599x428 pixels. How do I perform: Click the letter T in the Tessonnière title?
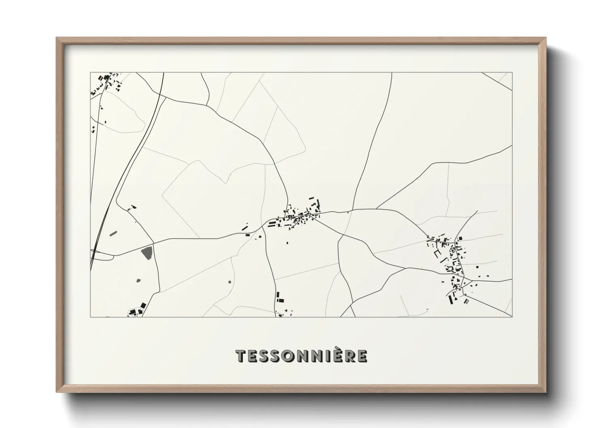coord(241,356)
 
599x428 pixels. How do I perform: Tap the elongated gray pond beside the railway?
coord(113,233)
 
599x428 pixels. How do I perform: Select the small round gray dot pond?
coord(230,282)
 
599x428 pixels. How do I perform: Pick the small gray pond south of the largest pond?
coord(138,280)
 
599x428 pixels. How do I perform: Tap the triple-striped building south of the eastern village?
coord(467,301)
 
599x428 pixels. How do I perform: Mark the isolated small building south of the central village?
coord(287,243)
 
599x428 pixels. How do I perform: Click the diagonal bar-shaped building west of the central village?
coord(244,228)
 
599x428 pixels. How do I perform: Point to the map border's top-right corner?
coord(512,73)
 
